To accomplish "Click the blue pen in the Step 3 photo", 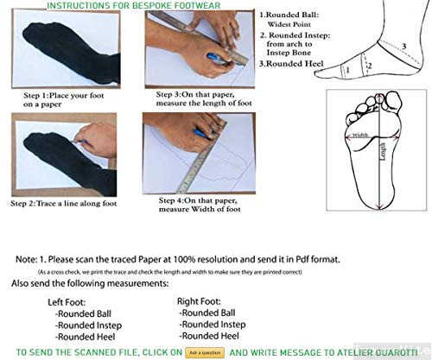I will pyautogui.click(x=216, y=59).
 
